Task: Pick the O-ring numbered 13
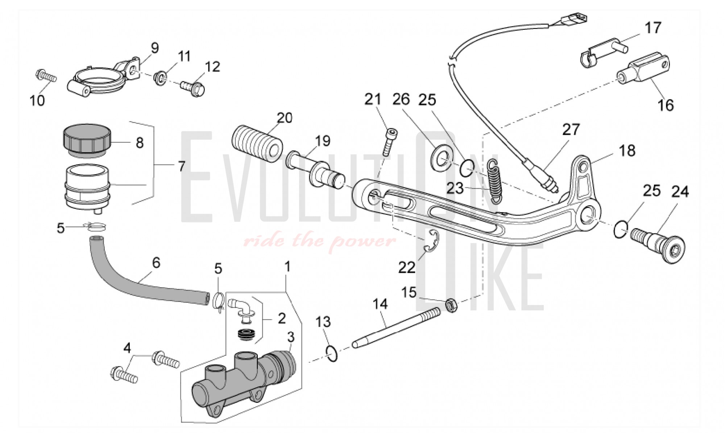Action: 332,354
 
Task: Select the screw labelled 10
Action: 46,76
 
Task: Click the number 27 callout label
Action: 571,129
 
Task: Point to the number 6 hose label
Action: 156,263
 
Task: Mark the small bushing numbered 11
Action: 160,77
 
